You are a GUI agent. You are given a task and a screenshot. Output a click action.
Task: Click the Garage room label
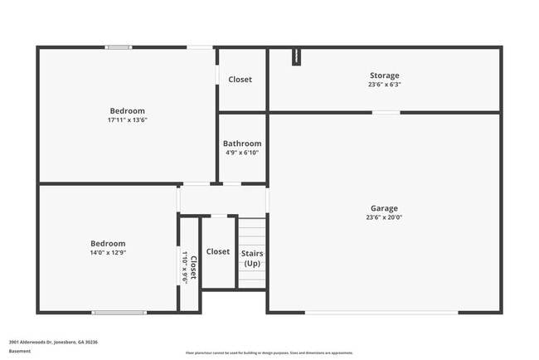point(384,208)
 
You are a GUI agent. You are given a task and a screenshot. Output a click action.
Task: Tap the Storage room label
point(384,75)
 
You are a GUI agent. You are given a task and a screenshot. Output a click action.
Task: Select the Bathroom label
point(243,144)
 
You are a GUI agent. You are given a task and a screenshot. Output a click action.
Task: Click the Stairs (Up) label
point(251,258)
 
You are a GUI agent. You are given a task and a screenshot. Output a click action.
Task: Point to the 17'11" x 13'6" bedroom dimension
point(128,120)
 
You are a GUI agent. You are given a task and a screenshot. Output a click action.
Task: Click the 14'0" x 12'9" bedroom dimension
point(108,253)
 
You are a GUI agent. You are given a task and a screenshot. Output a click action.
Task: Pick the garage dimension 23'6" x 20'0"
point(384,217)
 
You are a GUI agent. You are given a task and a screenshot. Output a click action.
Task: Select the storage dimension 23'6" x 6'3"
point(384,85)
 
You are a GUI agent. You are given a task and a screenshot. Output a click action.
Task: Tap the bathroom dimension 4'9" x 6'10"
point(243,153)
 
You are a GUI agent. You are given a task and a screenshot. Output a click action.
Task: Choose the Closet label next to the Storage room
point(240,80)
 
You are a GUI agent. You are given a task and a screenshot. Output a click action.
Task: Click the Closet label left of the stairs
point(218,251)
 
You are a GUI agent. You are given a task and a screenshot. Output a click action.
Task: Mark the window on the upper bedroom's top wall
point(118,47)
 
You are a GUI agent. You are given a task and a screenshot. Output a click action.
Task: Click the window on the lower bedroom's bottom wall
point(119,312)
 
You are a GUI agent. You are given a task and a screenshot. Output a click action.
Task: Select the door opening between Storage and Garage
point(386,112)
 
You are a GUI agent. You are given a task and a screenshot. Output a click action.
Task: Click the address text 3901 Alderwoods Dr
point(53,341)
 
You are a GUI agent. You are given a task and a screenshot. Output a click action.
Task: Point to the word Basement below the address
point(20,351)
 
